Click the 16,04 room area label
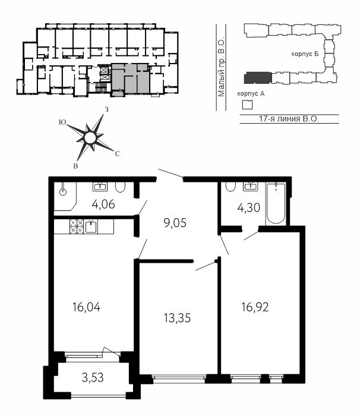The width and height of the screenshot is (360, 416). pos(87,307)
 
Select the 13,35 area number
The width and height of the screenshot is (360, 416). pos(177,317)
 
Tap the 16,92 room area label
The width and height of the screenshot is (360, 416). pos(255,307)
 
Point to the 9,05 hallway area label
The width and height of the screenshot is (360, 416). pos(175,223)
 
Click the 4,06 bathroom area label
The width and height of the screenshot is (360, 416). pos(103,204)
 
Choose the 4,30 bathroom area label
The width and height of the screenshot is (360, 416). pos(248,208)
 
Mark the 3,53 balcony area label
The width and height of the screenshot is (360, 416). pos(93,377)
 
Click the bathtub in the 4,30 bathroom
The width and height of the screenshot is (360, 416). pos(276,203)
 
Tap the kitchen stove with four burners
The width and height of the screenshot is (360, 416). pos(77,226)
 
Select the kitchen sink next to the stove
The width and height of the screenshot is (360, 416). pos(91,226)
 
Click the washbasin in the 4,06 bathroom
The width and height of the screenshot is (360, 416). pos(100,187)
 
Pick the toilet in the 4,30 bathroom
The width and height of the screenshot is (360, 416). pos(230,187)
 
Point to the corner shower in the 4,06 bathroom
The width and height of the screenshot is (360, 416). pos(65,196)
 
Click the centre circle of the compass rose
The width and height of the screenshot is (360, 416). pos(90,138)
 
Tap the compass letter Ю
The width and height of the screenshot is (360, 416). pos(62,122)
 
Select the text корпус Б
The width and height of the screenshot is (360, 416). pos(305,54)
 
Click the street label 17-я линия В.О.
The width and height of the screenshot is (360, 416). pos(289,119)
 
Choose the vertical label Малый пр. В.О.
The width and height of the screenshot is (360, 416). pos(221,68)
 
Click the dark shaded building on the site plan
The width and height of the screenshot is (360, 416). pos(258,78)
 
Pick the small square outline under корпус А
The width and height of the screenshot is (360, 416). pos(248,105)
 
